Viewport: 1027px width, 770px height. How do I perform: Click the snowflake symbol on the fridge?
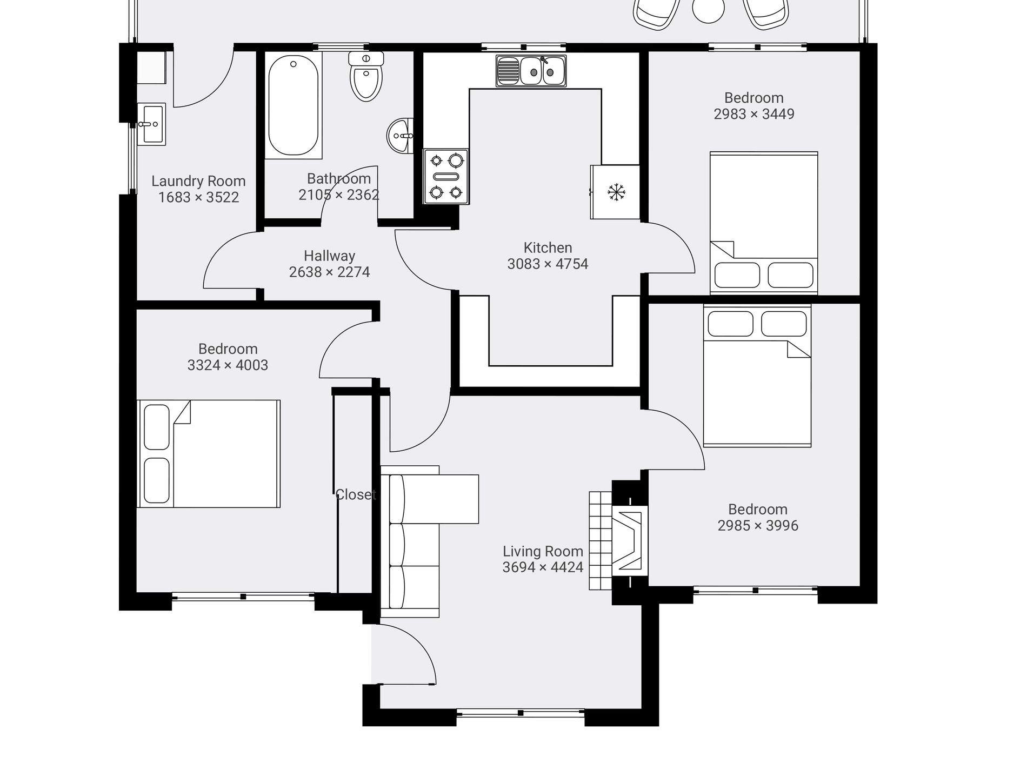click(x=616, y=192)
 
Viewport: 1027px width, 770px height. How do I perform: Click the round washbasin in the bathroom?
click(x=399, y=136)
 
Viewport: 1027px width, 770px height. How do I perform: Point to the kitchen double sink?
click(x=531, y=71)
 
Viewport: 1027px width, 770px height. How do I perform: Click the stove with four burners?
click(x=446, y=177)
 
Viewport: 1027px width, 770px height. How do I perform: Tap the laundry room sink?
click(x=151, y=124)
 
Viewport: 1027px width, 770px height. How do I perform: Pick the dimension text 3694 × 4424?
click(x=543, y=567)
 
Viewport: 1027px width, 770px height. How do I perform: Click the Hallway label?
click(x=329, y=256)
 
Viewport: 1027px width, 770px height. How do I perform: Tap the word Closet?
click(x=355, y=495)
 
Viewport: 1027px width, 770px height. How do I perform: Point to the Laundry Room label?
click(x=198, y=181)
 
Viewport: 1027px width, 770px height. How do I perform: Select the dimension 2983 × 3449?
click(x=754, y=114)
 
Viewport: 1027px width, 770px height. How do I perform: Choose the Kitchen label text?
click(x=548, y=248)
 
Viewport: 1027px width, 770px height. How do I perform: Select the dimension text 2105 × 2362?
click(x=339, y=195)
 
